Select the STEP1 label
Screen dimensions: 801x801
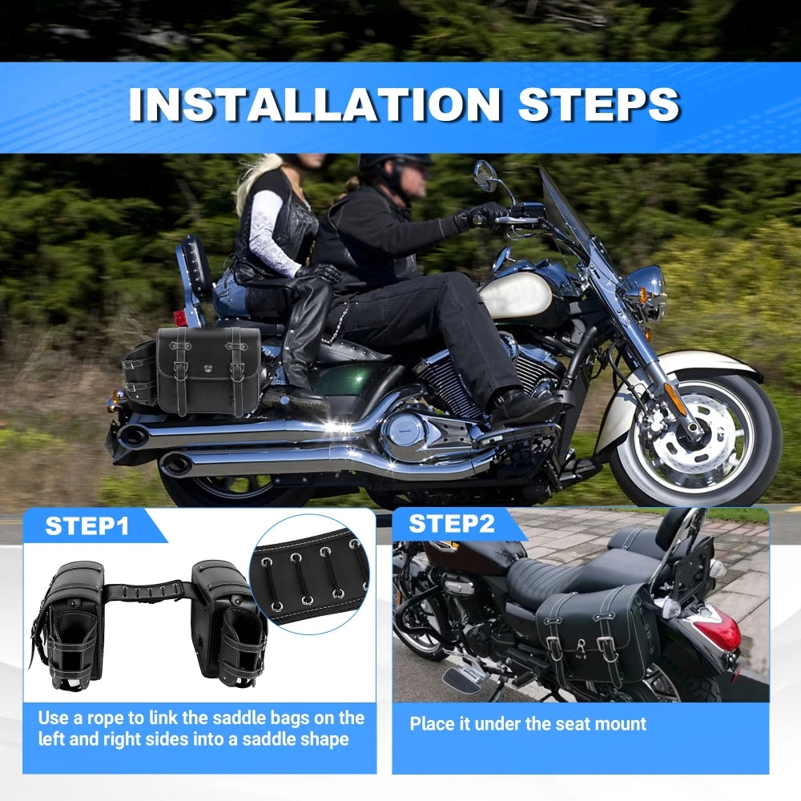(87, 525)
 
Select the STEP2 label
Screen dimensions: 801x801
(452, 524)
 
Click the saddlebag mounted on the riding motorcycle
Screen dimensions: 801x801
(207, 370)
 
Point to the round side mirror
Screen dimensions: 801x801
(485, 176)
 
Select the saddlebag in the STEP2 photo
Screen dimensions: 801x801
(597, 637)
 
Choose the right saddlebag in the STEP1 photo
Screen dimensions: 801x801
(229, 625)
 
